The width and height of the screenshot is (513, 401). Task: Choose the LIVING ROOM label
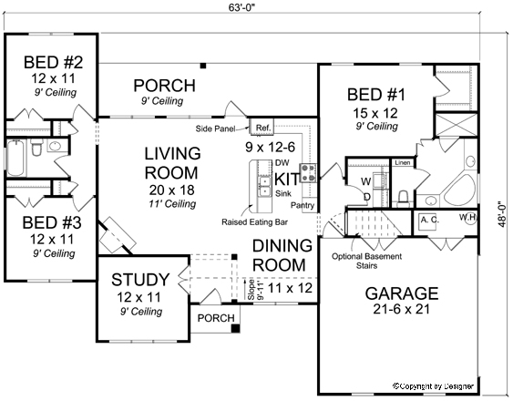tap(172, 163)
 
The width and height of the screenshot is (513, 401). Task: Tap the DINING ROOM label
tap(282, 255)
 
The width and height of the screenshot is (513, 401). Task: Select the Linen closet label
tap(402, 163)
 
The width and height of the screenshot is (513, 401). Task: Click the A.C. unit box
tap(430, 220)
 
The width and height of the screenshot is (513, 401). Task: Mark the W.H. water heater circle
tap(467, 217)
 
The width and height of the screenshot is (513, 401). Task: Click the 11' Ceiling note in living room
tap(172, 204)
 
